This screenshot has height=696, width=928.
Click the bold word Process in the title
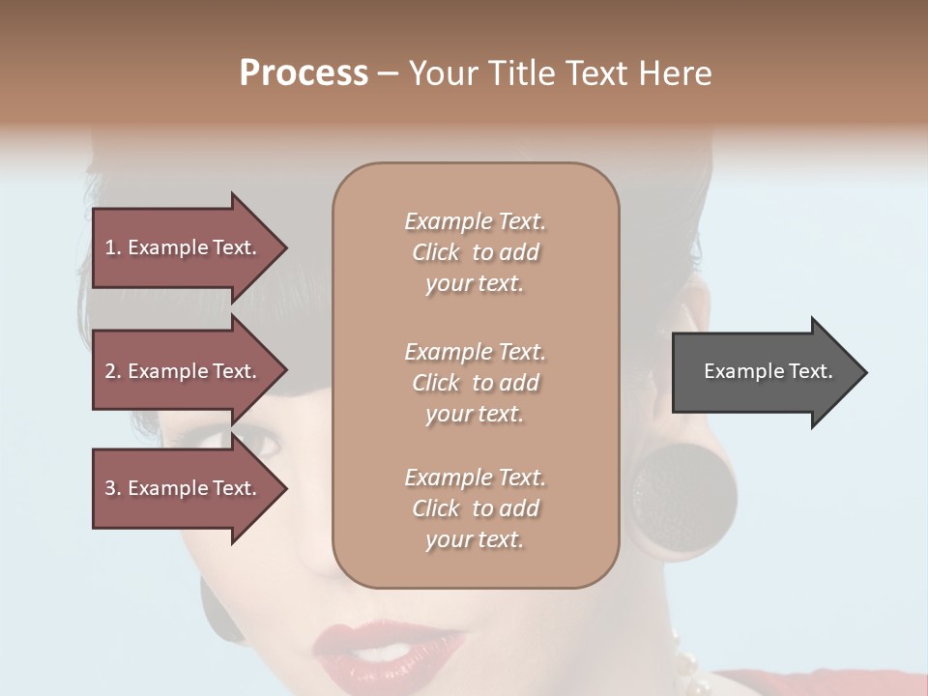pos(304,73)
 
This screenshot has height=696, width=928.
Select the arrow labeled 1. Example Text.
pos(184,247)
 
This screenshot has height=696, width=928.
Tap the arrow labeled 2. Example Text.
pos(184,371)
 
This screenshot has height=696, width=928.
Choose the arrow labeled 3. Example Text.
pos(184,488)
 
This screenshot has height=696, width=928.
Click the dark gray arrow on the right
pos(764,372)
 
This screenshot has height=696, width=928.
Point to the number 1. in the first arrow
pos(113,247)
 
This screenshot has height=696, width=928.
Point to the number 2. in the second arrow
pos(113,371)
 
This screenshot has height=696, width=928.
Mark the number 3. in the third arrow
pos(113,488)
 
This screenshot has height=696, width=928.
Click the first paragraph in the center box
pos(475,252)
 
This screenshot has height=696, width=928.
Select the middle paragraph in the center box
pos(475,383)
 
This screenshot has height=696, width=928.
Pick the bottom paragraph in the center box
pos(475,508)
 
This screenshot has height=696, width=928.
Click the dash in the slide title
pos(389,74)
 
